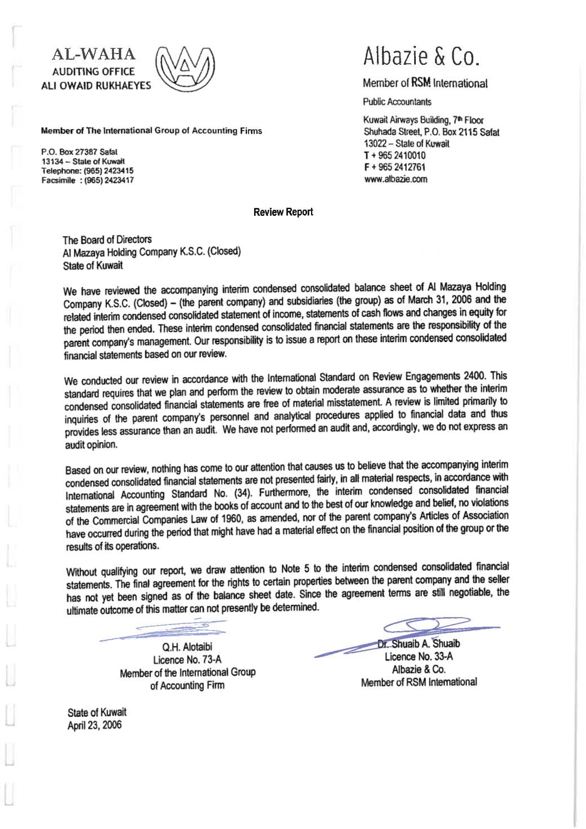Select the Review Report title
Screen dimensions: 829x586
click(283, 212)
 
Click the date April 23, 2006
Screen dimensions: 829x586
click(94, 725)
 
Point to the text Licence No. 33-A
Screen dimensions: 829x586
click(419, 657)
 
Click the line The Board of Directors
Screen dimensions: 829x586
click(107, 240)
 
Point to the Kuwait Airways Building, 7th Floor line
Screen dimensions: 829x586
click(424, 121)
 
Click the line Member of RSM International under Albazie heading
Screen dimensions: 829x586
click(425, 84)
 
